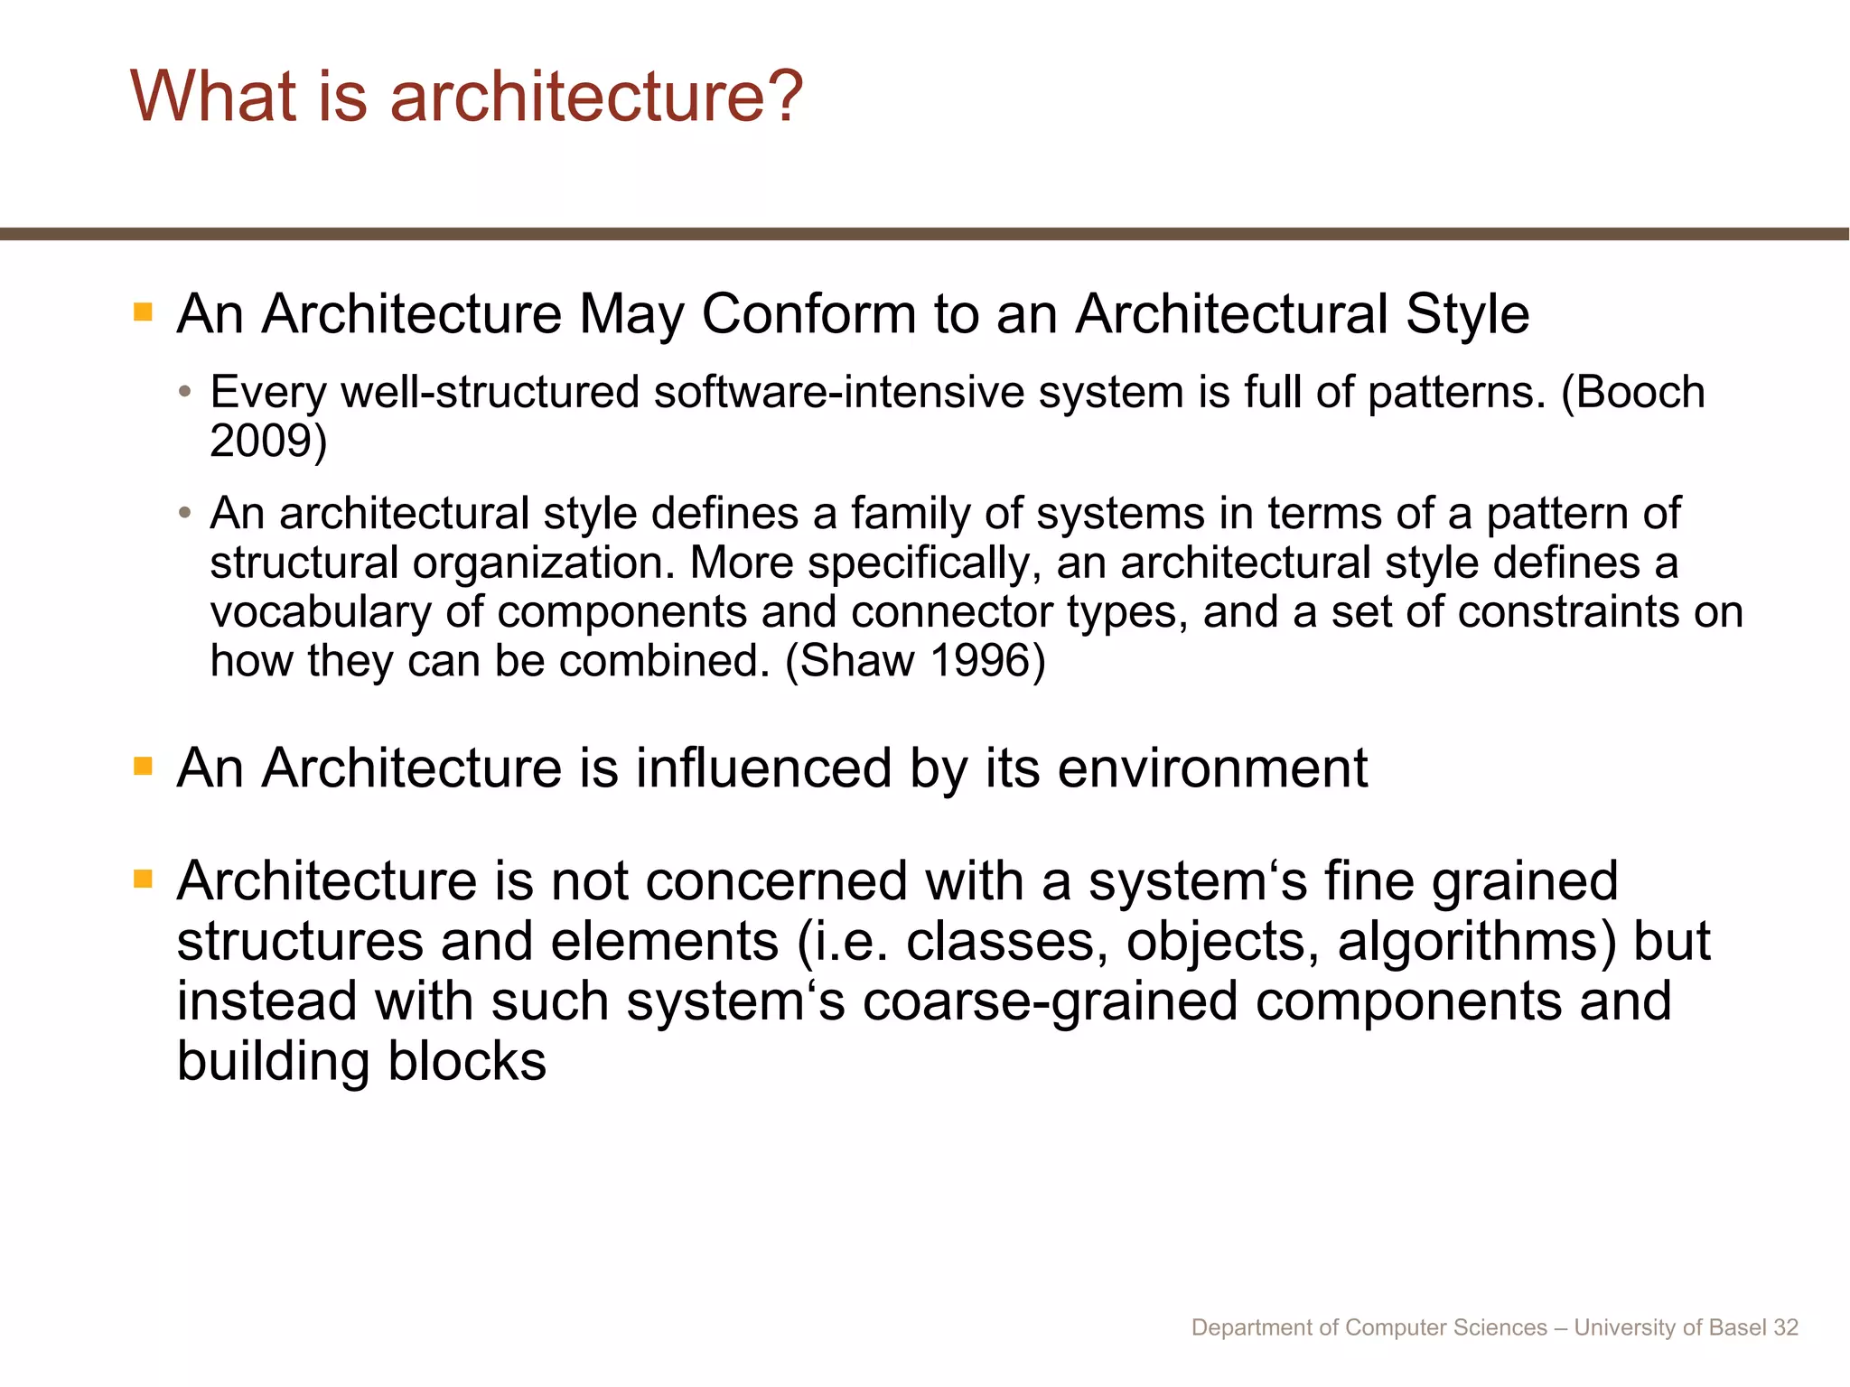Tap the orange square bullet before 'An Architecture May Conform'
(143, 312)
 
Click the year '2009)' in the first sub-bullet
(268, 442)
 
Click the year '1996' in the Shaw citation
(979, 661)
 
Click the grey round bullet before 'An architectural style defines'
(185, 513)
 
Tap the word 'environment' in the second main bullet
(1212, 769)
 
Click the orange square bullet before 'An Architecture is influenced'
(143, 767)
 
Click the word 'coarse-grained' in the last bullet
(1050, 1002)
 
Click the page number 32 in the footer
(1786, 1327)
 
